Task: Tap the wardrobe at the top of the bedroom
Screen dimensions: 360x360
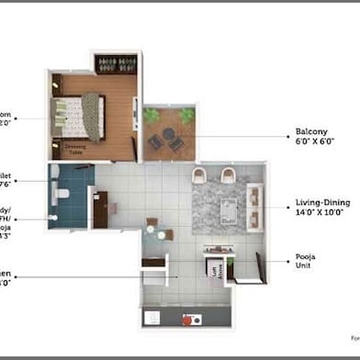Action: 116,64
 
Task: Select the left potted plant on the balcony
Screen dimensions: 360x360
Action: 152,116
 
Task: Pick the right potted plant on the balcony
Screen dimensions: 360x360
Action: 187,115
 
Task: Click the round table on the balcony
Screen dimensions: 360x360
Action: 169,139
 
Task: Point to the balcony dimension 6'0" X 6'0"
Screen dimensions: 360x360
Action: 312,142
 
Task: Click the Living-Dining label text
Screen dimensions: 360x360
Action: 321,202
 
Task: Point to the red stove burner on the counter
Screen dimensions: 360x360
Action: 193,320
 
